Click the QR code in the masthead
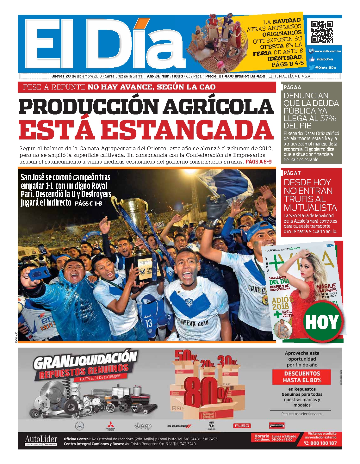[322, 32]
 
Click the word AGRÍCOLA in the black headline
[218, 107]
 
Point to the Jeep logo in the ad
[143, 426]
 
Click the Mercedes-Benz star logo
[79, 426]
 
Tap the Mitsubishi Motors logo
[110, 426]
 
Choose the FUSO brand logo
[242, 426]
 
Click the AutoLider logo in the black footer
[41, 440]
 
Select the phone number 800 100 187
[323, 443]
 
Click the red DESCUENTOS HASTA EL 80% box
[302, 377]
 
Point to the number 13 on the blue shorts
[148, 323]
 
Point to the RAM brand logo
[211, 426]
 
